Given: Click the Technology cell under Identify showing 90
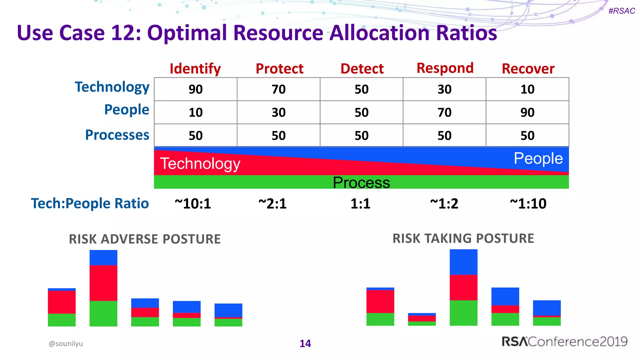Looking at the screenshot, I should [x=196, y=89].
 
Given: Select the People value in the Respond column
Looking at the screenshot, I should [x=444, y=112].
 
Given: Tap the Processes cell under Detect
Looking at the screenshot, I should [x=362, y=136].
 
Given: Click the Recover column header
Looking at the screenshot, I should [x=528, y=69].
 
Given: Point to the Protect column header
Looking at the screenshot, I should [x=279, y=69].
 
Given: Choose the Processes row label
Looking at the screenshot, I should [x=117, y=135].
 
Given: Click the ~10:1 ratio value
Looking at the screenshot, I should [x=193, y=204].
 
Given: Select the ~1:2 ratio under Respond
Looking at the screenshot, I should [x=444, y=204].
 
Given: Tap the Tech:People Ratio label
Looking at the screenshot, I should [x=90, y=203].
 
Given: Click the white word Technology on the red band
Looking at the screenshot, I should [x=200, y=164].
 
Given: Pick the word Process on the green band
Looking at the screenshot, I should [x=361, y=182].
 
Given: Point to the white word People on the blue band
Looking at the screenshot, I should [x=538, y=158].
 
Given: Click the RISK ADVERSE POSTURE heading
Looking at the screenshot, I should [x=145, y=239].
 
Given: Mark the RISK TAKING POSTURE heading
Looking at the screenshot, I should [x=463, y=238].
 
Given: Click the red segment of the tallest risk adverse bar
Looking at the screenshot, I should [x=103, y=283].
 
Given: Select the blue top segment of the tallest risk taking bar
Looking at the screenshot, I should [x=463, y=262].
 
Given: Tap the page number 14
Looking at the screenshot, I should [x=305, y=343].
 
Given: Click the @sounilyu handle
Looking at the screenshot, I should [x=66, y=343].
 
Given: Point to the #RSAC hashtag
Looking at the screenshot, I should [x=622, y=11].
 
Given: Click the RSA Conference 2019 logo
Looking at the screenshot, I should [x=564, y=342].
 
